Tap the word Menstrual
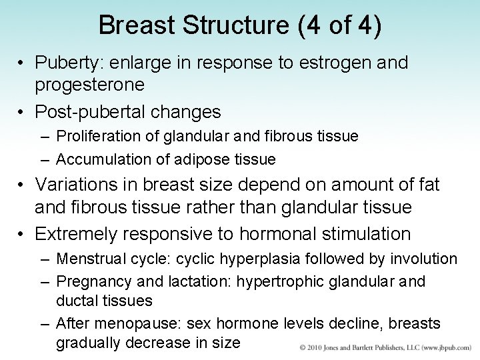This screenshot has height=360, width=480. pos(87,259)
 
